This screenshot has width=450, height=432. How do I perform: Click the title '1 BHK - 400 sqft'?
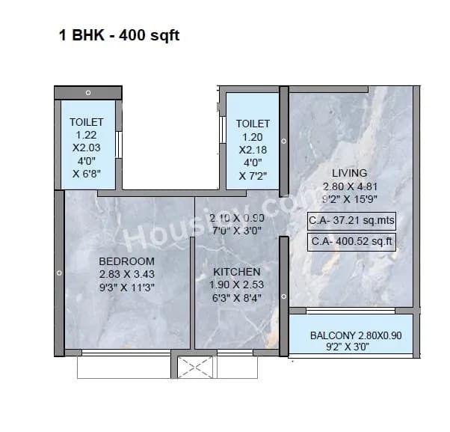click(120, 35)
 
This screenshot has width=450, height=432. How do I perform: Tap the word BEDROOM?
click(126, 261)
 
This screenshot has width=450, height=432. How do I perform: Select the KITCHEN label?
click(237, 272)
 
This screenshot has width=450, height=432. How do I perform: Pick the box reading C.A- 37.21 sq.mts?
click(351, 221)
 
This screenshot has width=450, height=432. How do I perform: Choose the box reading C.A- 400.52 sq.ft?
click(351, 242)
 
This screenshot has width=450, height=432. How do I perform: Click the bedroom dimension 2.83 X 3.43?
click(126, 274)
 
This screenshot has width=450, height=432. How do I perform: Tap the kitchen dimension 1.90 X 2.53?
click(237, 285)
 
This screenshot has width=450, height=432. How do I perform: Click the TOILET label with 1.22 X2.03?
click(87, 122)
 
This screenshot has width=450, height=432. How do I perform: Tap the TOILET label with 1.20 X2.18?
click(253, 124)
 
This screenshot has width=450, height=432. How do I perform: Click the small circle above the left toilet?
click(88, 93)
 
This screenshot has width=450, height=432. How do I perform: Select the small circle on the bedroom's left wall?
click(59, 274)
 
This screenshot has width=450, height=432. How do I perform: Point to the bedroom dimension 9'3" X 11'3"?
click(126, 287)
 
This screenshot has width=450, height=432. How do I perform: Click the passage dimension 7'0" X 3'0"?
click(236, 230)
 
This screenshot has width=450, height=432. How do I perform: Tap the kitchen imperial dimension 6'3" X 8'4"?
click(237, 297)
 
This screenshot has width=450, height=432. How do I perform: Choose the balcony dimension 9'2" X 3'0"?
click(337, 348)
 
